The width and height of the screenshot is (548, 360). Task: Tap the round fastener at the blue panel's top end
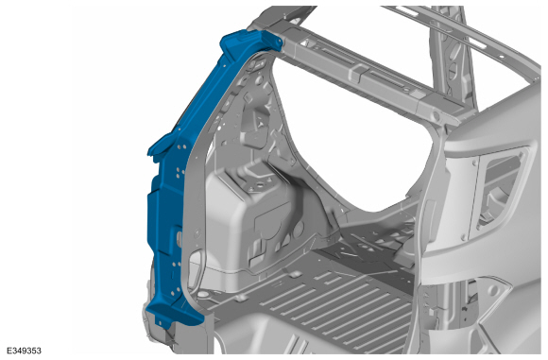(x=276, y=42)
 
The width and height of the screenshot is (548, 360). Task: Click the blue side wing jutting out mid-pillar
(x=162, y=147)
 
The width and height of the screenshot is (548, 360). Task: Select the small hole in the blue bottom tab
(x=161, y=322)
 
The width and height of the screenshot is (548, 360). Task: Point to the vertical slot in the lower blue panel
(x=179, y=238)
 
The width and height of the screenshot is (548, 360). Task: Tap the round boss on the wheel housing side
(x=299, y=229)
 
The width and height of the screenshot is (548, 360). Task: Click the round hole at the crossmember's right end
(x=437, y=115)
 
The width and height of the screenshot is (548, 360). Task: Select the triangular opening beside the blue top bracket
(x=306, y=43)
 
